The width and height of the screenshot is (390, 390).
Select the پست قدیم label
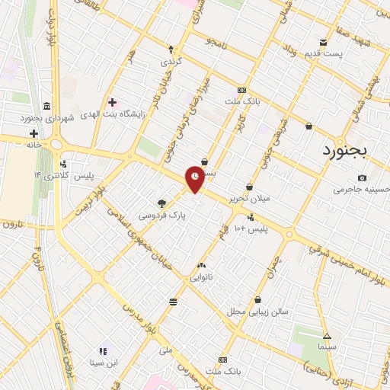341,53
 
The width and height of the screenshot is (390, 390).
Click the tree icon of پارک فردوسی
161,203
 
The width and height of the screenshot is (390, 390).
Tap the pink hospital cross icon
112,101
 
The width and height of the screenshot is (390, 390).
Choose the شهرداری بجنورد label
46,118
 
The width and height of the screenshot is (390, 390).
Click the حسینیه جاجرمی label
361,190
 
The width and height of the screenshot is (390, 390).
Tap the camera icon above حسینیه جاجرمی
361,177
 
